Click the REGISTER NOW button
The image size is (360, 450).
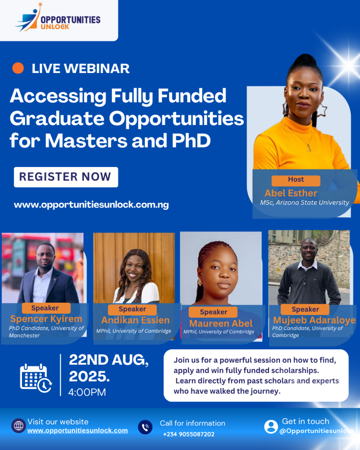pyautogui.click(x=66, y=177)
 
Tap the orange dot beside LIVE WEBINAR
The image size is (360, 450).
pyautogui.click(x=18, y=68)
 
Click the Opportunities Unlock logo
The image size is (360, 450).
pyautogui.click(x=58, y=18)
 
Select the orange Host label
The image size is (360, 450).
pyautogui.click(x=296, y=180)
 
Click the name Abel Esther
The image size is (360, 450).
pyautogui.click(x=291, y=193)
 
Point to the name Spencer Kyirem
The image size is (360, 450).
pyautogui.click(x=46, y=319)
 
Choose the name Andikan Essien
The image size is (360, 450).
pyautogui.click(x=135, y=320)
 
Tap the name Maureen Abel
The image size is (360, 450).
pyautogui.click(x=221, y=323)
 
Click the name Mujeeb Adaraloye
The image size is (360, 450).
pyautogui.click(x=314, y=320)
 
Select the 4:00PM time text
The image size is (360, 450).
pyautogui.click(x=87, y=392)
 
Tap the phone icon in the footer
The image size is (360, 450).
pyautogui.click(x=145, y=427)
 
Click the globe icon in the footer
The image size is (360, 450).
pyautogui.click(x=18, y=425)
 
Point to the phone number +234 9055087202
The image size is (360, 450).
pyautogui.click(x=189, y=434)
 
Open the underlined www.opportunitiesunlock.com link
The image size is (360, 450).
pyautogui.click(x=77, y=431)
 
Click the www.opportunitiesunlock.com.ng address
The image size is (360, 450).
pyautogui.click(x=91, y=205)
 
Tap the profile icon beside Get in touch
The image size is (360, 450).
pyautogui.click(x=271, y=427)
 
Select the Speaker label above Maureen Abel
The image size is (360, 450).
pyautogui.click(x=213, y=312)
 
